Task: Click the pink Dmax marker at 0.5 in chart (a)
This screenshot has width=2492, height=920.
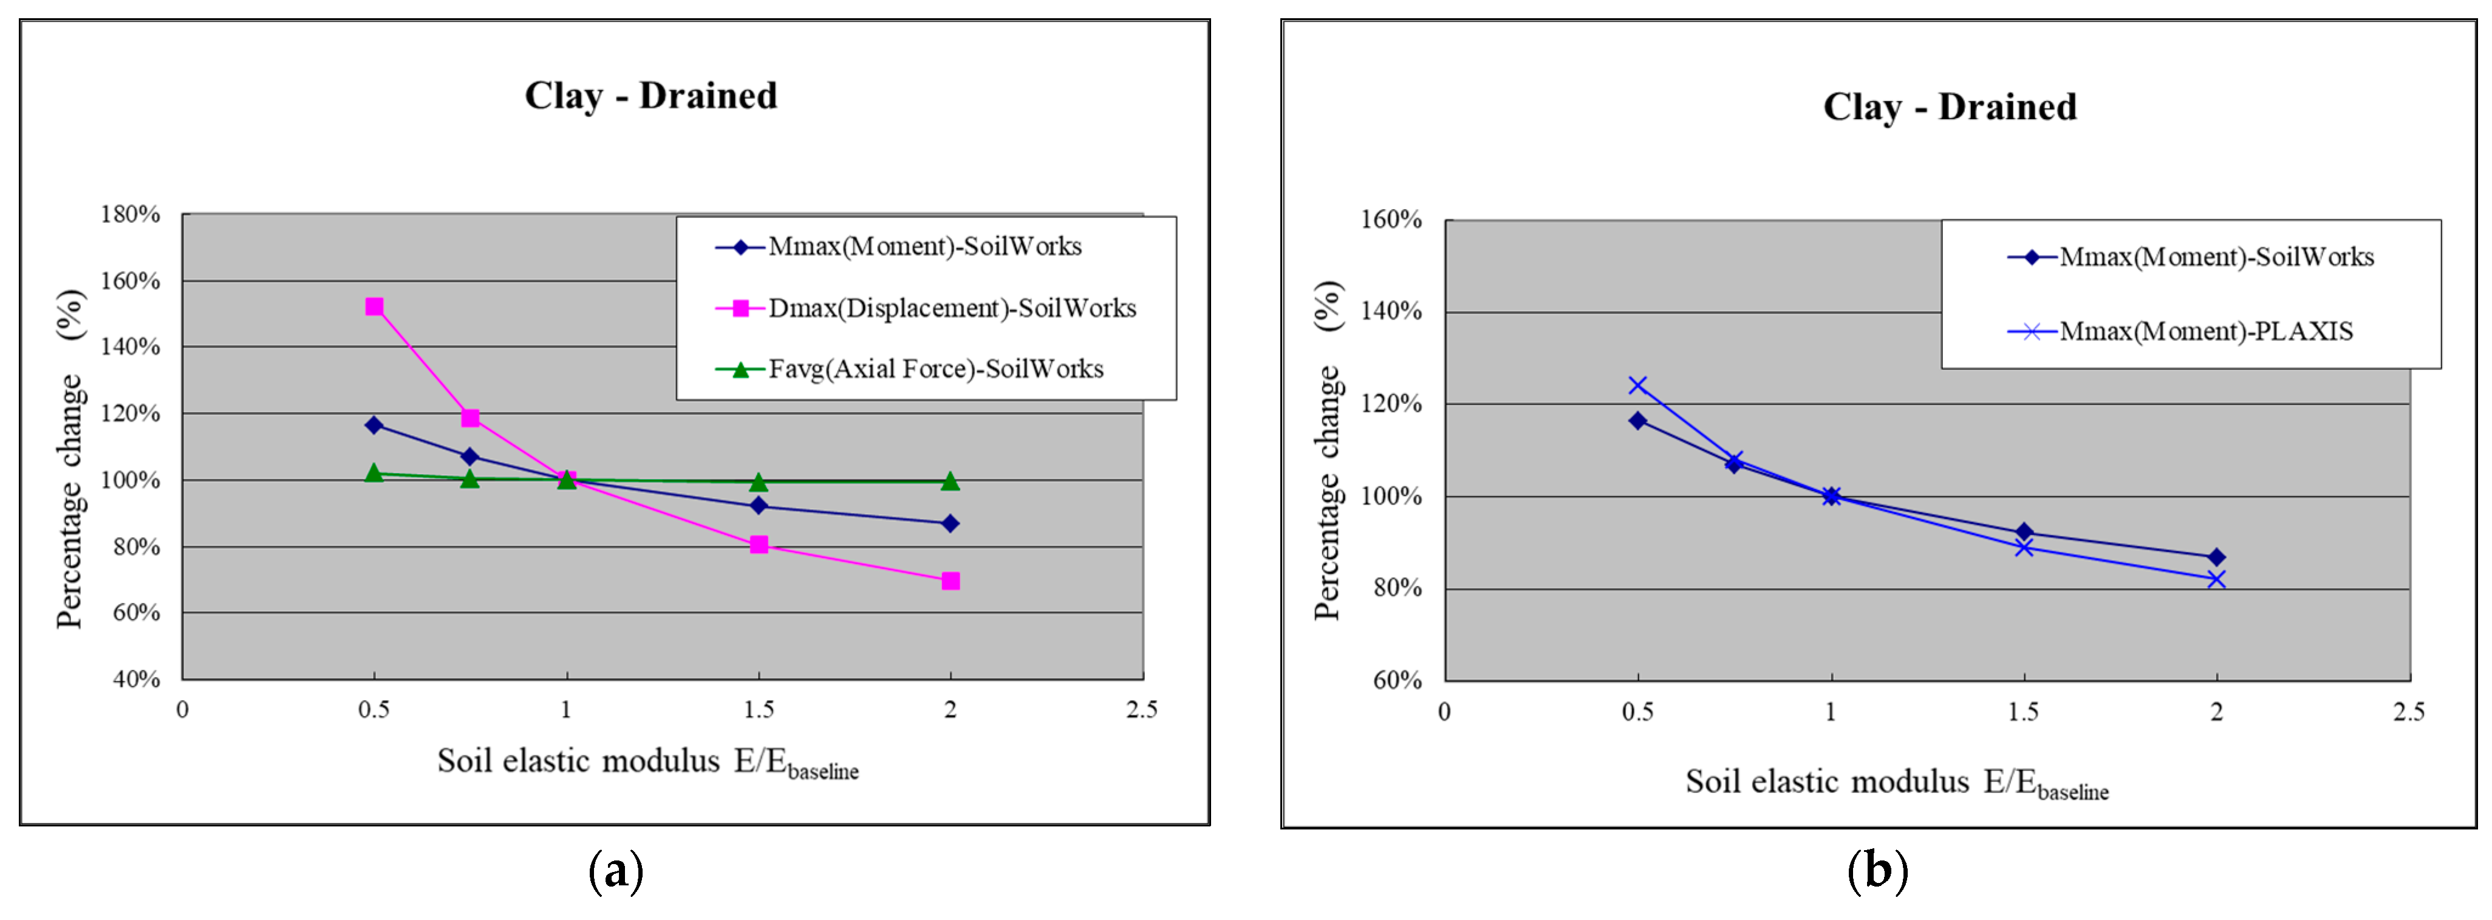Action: (x=374, y=307)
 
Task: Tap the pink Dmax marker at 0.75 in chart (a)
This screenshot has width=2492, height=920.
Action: (x=470, y=418)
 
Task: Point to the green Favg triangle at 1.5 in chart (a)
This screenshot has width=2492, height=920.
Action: (x=759, y=482)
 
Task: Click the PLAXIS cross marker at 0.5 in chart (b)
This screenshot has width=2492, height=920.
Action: (x=1638, y=385)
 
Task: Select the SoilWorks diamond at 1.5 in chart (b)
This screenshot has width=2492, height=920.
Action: (x=2024, y=532)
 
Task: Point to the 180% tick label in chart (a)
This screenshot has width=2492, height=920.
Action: (x=131, y=214)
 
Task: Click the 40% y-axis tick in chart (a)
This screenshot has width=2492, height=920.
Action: (x=137, y=679)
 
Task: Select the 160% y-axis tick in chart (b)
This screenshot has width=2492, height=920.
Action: (x=1391, y=219)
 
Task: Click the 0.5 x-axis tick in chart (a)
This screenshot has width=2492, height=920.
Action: (x=374, y=710)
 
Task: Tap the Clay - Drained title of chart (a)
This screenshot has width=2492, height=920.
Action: (x=651, y=96)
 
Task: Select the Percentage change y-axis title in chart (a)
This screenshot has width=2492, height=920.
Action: (x=70, y=459)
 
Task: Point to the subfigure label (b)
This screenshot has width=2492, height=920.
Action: (x=1877, y=871)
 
